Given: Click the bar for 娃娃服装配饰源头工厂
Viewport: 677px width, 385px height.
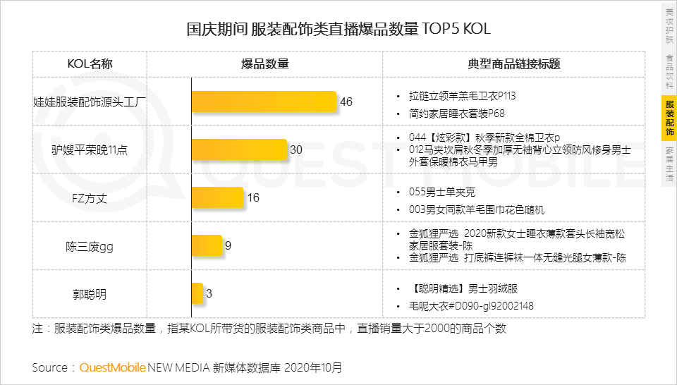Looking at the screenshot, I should tap(264, 102).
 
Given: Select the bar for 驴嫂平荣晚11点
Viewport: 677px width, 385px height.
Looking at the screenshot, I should tap(240, 149).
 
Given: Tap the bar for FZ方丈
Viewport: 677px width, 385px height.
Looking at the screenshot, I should tap(217, 197).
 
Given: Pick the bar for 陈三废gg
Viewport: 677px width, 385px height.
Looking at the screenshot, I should tap(207, 245).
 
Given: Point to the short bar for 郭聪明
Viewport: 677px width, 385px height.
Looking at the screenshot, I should tap(197, 293).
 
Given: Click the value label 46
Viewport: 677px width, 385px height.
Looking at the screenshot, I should tap(346, 102).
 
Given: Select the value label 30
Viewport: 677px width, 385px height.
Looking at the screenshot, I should tap(296, 150).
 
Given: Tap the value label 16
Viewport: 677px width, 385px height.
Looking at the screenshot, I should tap(253, 198).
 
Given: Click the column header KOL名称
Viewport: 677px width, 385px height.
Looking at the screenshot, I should tap(90, 64).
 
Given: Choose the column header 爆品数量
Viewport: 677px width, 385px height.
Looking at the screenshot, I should tap(265, 64).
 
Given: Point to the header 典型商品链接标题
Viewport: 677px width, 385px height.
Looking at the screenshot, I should tap(513, 64).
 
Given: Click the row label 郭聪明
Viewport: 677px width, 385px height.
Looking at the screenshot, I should tap(90, 294).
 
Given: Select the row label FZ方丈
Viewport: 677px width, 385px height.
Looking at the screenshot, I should tap(90, 198).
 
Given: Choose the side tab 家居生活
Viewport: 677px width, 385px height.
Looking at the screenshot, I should tap(669, 164).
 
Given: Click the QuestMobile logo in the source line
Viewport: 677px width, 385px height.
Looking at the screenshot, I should tap(112, 367).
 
